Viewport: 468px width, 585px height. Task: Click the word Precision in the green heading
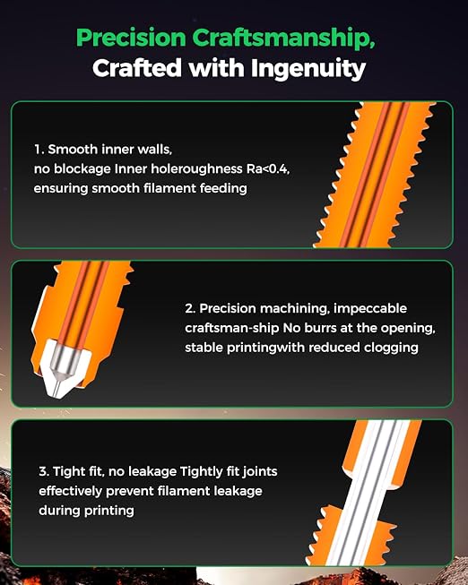[131, 38]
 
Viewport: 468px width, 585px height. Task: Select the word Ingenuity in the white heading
[308, 70]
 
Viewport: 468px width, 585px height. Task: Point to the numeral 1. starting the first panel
[39, 150]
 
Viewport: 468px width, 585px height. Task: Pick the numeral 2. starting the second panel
[190, 308]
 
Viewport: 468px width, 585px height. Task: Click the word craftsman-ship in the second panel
[232, 328]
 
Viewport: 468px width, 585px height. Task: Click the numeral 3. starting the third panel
[44, 471]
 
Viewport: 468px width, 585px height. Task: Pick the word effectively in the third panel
[71, 491]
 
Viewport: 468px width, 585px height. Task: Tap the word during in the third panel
[59, 511]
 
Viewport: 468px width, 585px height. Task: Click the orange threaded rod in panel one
[374, 175]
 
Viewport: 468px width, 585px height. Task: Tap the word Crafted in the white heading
[136, 69]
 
